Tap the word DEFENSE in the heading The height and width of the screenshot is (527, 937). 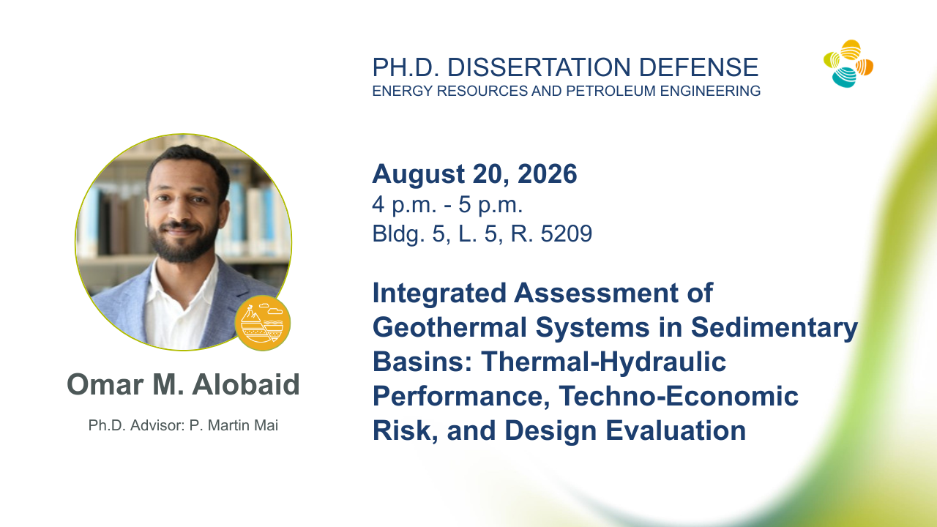point(698,67)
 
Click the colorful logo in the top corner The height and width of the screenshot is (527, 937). point(848,64)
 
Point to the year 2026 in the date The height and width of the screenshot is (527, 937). point(547,174)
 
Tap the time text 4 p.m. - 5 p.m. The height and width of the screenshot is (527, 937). point(447,206)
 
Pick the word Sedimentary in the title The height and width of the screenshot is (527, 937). point(774,327)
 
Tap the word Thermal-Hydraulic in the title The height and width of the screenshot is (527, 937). point(604,362)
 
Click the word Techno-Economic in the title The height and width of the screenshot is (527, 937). point(679,396)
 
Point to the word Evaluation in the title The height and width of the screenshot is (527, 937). point(676,430)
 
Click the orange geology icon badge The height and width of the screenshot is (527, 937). point(263,323)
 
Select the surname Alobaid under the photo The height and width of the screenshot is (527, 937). point(246,384)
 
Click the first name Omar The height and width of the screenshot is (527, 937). point(105,385)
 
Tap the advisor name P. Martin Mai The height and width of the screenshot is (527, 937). point(234,425)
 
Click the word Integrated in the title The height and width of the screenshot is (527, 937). point(439,294)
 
